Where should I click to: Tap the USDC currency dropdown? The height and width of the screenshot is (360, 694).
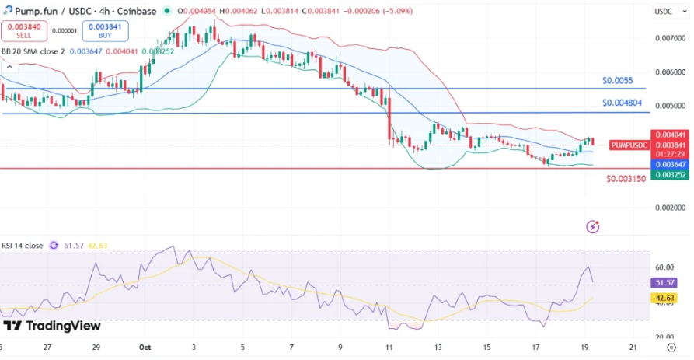[x=663, y=12]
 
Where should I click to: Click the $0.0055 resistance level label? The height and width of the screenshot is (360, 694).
[x=617, y=81]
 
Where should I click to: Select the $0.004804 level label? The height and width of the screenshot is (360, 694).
[x=622, y=103]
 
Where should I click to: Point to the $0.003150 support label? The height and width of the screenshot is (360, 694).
[x=626, y=179]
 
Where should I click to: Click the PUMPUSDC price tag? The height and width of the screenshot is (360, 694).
[x=629, y=145]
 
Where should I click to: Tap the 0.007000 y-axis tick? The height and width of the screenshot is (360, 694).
[x=670, y=38]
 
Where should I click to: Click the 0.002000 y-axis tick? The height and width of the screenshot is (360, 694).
[x=670, y=208]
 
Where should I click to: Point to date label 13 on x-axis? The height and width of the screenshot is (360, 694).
[x=438, y=348]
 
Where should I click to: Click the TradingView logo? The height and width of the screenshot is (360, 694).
[x=52, y=326]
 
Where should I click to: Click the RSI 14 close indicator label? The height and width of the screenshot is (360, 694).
[x=23, y=246]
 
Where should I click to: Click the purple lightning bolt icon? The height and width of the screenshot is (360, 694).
[x=593, y=227]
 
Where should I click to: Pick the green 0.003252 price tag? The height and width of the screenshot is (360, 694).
[x=670, y=175]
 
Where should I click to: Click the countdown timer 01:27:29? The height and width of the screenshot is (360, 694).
[x=670, y=155]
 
